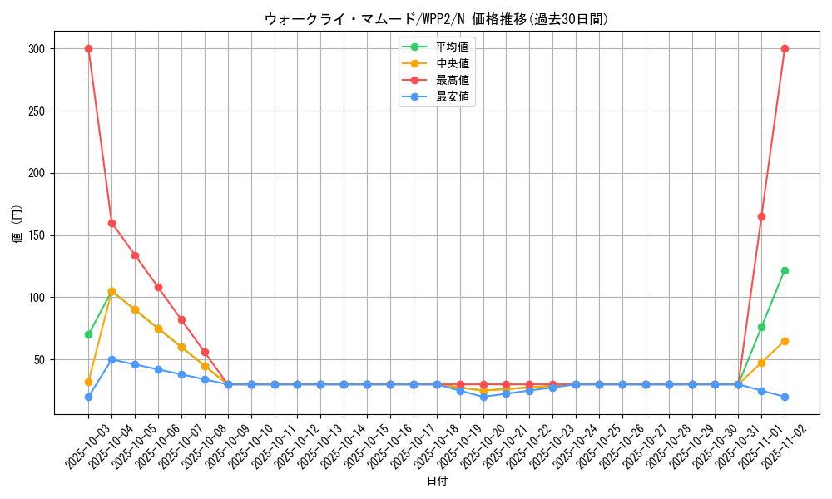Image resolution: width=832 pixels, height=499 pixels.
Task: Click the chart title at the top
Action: (437, 19)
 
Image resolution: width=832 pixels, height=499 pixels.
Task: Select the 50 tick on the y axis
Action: (38, 360)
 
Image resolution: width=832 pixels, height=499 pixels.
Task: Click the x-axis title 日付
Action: (437, 482)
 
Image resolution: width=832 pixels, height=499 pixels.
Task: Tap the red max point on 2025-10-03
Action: (88, 48)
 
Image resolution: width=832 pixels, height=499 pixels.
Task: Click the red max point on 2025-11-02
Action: (785, 48)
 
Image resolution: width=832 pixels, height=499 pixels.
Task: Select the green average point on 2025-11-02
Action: (785, 270)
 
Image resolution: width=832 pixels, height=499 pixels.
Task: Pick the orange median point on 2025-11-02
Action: (785, 341)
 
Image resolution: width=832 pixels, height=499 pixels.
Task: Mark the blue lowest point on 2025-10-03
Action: (88, 397)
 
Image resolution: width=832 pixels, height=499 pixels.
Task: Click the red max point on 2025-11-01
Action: (761, 216)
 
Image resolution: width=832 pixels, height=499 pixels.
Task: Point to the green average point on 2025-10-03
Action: (88, 334)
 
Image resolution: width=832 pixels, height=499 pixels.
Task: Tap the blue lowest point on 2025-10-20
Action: (483, 397)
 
